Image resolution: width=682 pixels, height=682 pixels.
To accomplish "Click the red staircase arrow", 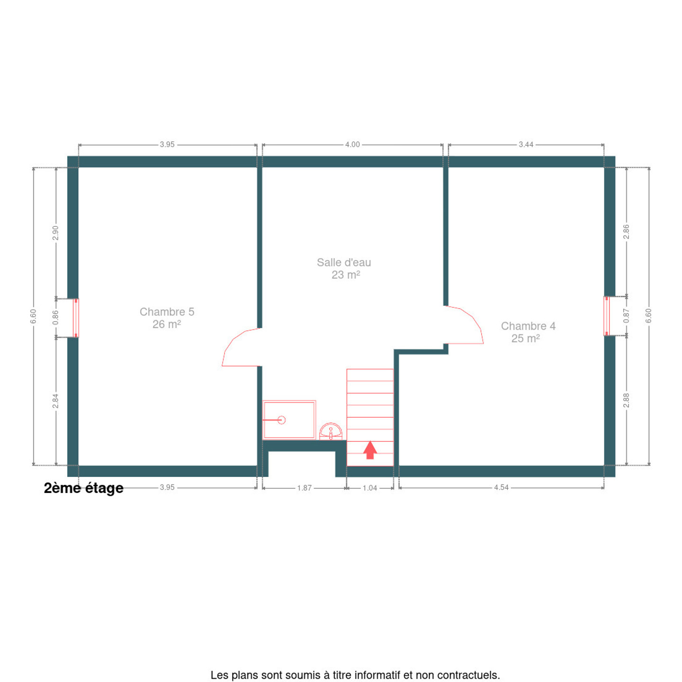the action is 370,449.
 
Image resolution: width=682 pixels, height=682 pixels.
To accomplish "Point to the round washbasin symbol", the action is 331,431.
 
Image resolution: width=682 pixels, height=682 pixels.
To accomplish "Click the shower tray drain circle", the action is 281,420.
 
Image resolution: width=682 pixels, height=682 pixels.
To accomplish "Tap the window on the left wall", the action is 76,318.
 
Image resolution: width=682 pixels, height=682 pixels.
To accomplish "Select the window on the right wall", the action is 607,316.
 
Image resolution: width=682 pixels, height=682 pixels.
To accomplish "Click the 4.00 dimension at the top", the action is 352,144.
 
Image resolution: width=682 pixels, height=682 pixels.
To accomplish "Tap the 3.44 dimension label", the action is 526,144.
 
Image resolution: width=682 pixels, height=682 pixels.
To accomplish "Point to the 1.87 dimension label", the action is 305,488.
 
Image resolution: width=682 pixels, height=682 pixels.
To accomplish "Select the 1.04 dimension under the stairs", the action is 370,488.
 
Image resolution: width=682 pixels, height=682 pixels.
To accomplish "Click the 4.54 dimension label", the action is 501,487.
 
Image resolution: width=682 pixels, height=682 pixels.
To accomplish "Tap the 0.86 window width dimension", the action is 55,317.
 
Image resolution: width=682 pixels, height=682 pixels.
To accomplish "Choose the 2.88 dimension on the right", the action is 627,400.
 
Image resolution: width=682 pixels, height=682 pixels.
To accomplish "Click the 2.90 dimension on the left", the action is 55,233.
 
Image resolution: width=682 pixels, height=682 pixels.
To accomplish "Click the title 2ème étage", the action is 83,488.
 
